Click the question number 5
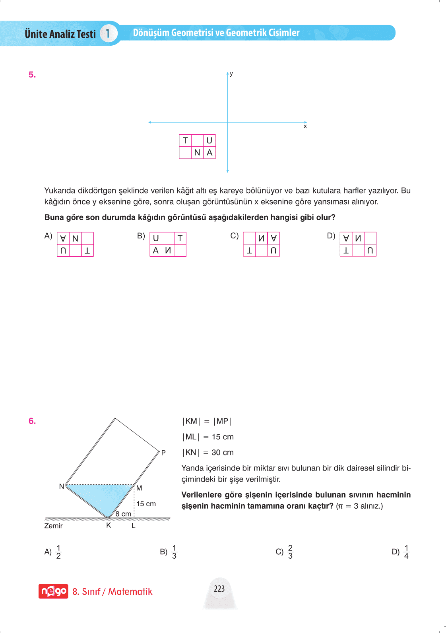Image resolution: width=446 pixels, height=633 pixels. [x=32, y=75]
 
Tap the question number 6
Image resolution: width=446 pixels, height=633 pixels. [x=32, y=421]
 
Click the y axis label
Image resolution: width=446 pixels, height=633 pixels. [x=231, y=74]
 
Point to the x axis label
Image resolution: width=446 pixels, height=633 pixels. [x=305, y=126]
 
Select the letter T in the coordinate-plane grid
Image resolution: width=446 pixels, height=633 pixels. [x=185, y=141]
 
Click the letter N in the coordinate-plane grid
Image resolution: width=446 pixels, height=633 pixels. [x=197, y=153]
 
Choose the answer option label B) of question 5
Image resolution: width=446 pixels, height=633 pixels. [x=141, y=236]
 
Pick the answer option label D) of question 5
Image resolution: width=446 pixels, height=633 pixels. [x=331, y=236]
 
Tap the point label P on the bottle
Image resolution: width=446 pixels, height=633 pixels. [x=163, y=453]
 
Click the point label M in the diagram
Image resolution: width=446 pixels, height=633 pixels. [x=139, y=488]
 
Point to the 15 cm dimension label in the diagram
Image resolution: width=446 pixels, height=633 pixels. [x=146, y=504]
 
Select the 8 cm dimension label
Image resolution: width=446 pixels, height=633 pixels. [x=123, y=514]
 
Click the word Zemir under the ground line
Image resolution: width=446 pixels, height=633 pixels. [x=54, y=526]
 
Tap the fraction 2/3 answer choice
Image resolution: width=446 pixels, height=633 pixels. [x=290, y=552]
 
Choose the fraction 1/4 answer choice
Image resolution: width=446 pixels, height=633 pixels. [x=406, y=552]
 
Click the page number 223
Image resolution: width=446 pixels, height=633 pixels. [x=219, y=589]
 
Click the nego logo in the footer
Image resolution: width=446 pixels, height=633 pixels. [x=53, y=591]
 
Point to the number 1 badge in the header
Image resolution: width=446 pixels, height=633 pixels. [x=108, y=33]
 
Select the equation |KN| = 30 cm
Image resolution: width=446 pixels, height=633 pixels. [x=208, y=453]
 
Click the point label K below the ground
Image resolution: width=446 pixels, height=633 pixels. [x=109, y=525]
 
